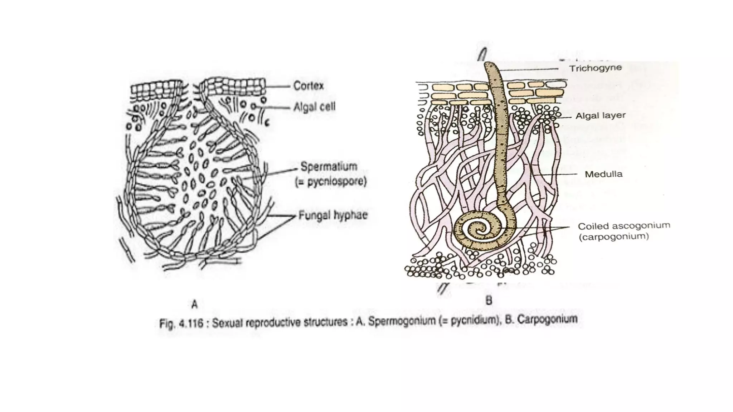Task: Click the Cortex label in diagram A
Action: (x=308, y=86)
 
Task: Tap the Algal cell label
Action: (x=314, y=107)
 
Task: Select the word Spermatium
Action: (x=329, y=166)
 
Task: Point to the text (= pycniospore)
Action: (x=331, y=182)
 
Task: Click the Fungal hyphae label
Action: (x=333, y=215)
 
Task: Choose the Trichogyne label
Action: (x=595, y=68)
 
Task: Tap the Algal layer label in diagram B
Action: (x=600, y=116)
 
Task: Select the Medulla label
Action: (x=603, y=174)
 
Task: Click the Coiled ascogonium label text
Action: (x=624, y=226)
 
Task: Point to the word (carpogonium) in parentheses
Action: (x=613, y=236)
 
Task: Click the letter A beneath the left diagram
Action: (x=194, y=304)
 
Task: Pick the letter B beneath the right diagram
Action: (x=489, y=300)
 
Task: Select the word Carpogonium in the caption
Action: (x=547, y=319)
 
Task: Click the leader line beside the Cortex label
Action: (x=278, y=86)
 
